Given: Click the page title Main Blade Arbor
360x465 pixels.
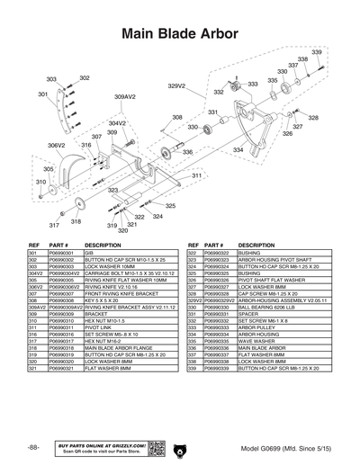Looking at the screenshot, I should [x=180, y=32].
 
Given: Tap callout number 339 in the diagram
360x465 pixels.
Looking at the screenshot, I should [x=317, y=53].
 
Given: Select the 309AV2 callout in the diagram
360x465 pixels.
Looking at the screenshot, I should [x=125, y=95].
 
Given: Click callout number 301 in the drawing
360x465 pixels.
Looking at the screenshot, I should [x=42, y=94].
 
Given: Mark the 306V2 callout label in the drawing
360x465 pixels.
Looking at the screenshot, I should [x=57, y=145].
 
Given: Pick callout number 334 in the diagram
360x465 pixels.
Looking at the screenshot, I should [x=238, y=149].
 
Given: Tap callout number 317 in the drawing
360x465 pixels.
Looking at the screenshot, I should [x=54, y=225].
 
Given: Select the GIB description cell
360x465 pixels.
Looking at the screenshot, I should [x=88, y=255].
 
